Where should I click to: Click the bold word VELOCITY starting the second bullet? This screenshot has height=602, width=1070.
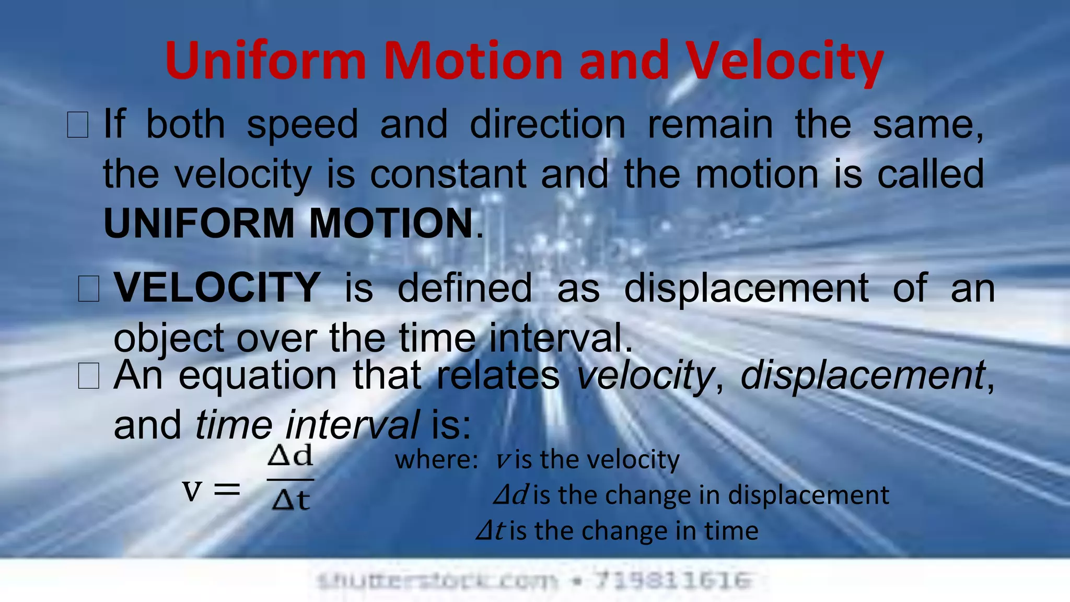(217, 287)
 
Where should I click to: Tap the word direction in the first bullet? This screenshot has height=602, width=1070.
(547, 124)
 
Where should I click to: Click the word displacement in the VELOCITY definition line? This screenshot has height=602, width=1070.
(746, 287)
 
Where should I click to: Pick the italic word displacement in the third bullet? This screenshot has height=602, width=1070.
(863, 375)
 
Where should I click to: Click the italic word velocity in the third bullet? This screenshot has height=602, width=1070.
(644, 375)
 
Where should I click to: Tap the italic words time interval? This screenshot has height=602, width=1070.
(307, 424)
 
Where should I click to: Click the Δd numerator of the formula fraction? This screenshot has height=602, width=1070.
(290, 456)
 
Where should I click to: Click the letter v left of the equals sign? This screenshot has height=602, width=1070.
(192, 490)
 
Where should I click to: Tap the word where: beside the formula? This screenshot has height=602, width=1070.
(436, 460)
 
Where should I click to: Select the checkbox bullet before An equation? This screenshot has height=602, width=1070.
(88, 376)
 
